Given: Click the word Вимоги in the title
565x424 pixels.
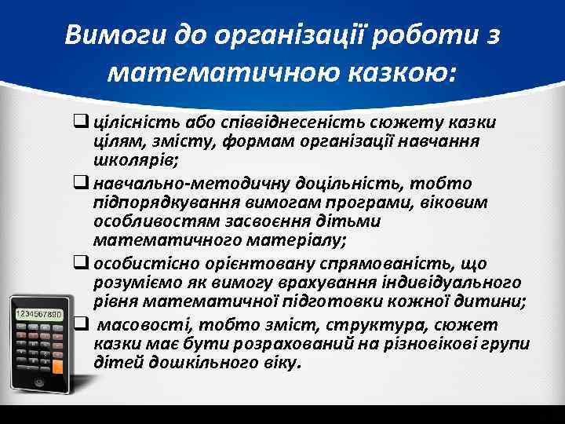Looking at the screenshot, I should [108, 36].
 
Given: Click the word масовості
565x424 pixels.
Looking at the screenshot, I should [136, 325].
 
